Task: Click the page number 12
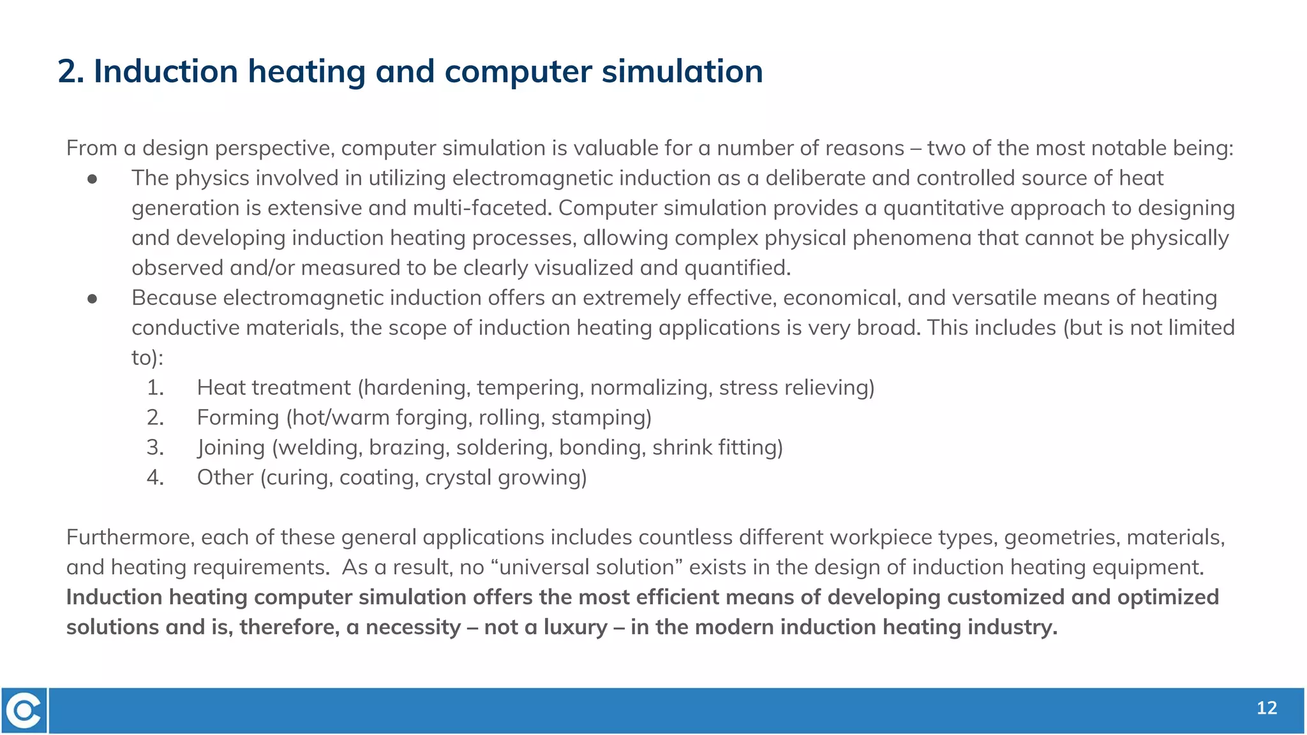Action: click(x=1266, y=708)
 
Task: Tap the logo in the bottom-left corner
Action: click(x=24, y=710)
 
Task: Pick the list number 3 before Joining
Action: click(x=155, y=447)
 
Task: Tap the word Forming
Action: click(x=237, y=418)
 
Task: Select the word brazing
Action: click(x=408, y=447)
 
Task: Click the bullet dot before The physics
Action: click(x=93, y=179)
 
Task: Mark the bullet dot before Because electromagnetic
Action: click(x=93, y=299)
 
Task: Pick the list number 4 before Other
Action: click(x=155, y=477)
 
